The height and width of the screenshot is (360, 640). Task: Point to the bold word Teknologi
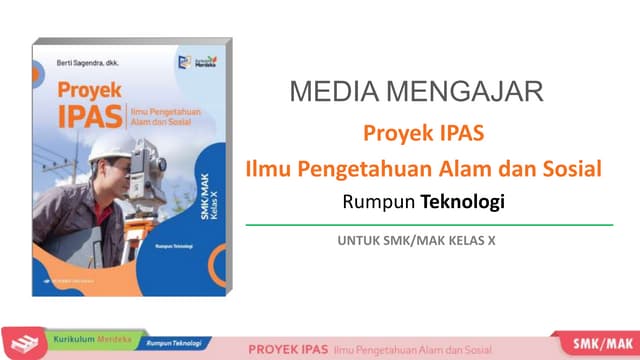click(x=462, y=202)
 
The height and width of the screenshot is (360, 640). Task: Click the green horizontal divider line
click(x=428, y=226)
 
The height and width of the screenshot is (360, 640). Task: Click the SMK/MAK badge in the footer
click(x=598, y=345)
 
